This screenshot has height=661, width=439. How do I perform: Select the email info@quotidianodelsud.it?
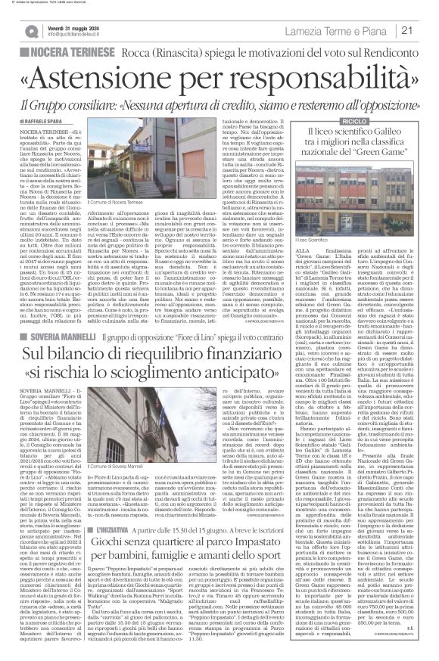pos(83,35)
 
